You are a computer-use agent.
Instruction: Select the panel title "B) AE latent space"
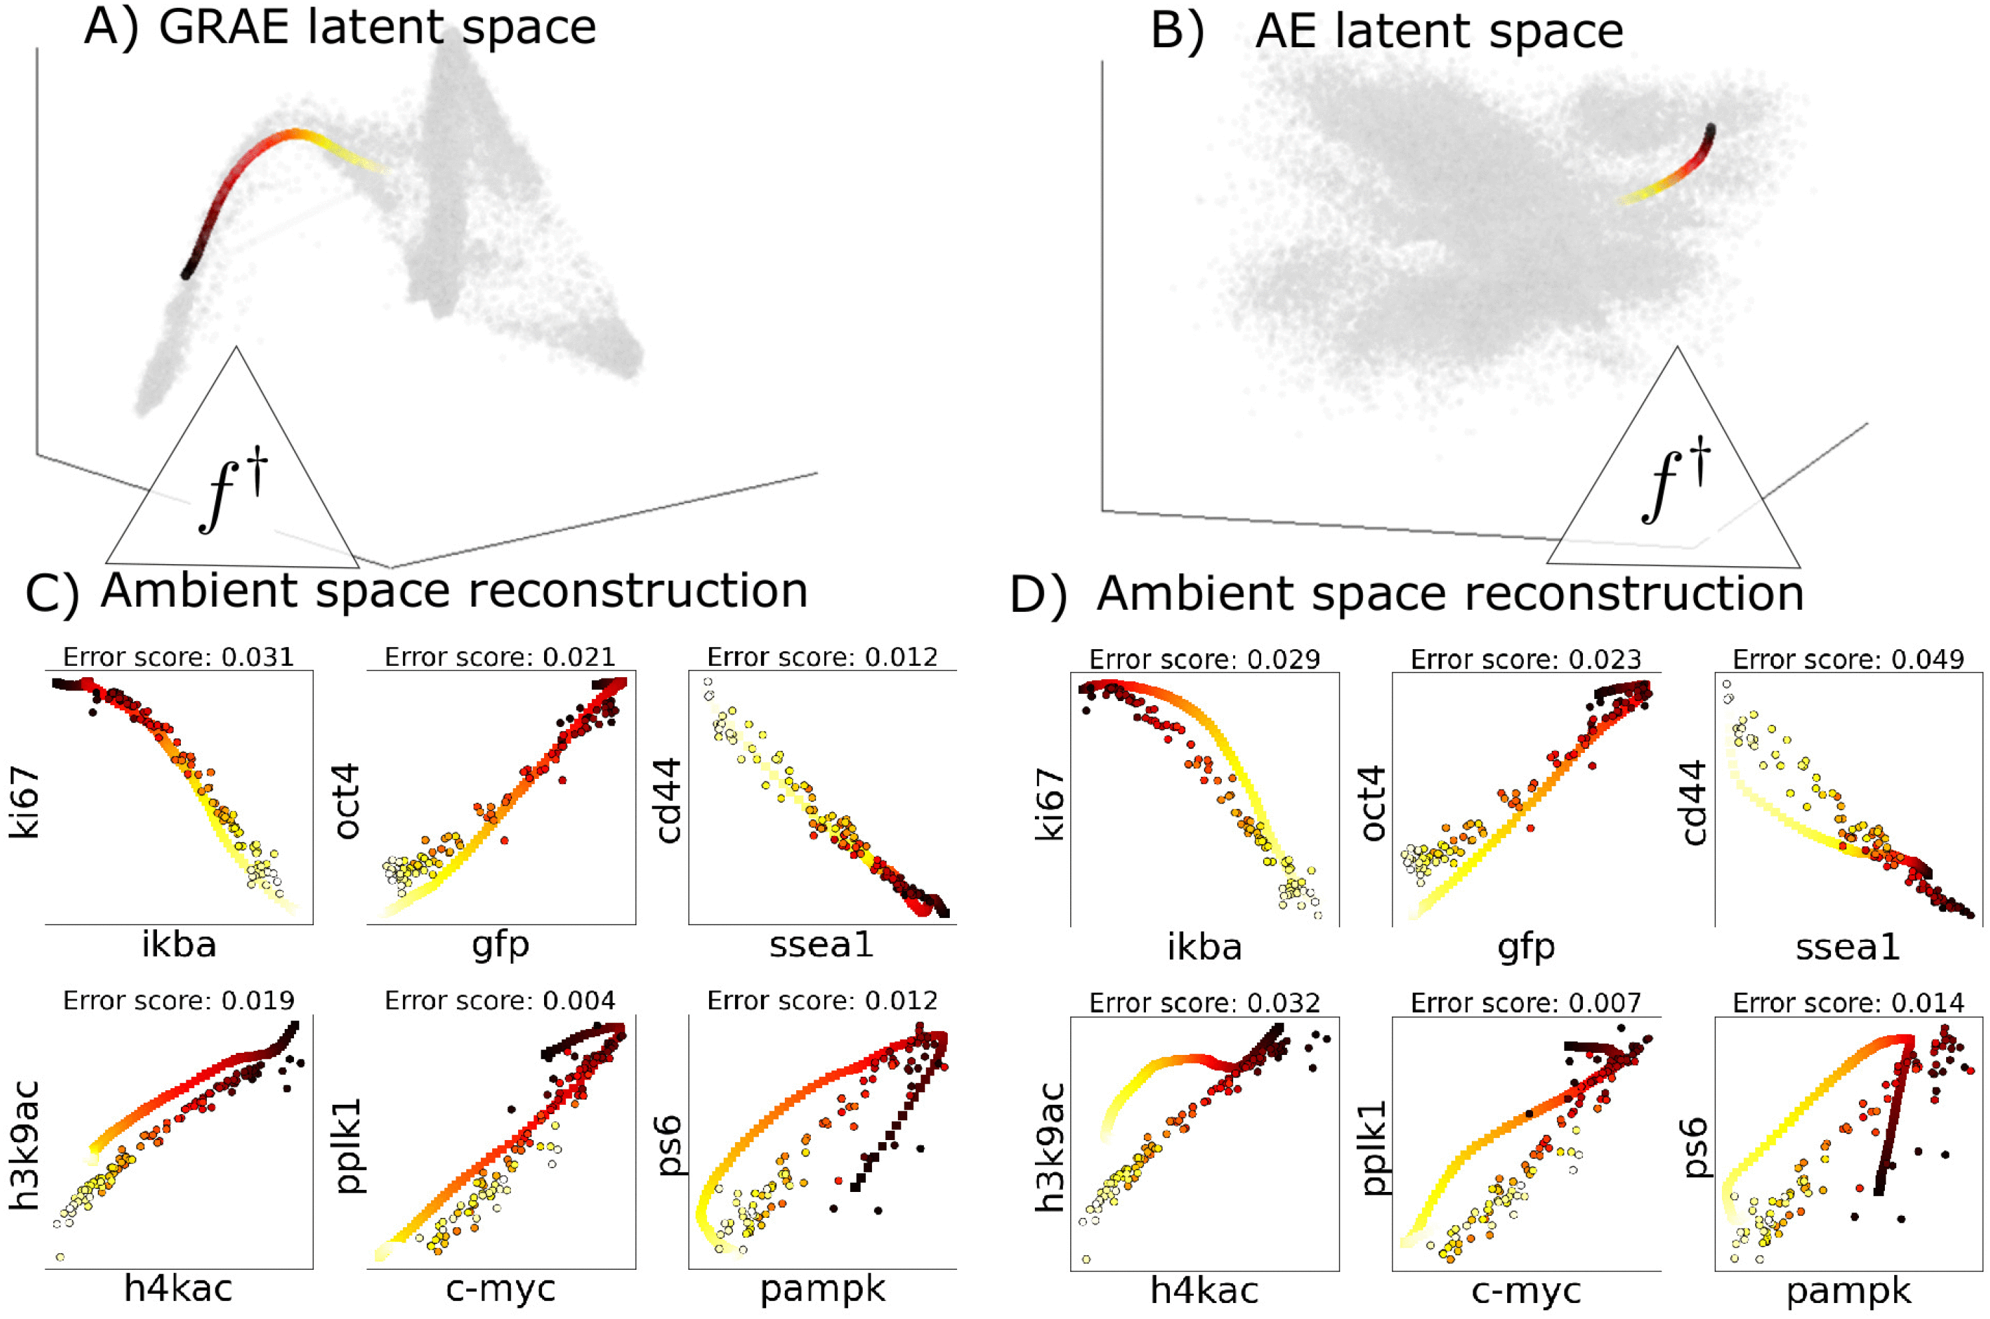(x=1386, y=32)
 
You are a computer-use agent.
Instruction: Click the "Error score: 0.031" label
(x=178, y=657)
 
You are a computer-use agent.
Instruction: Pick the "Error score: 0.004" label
(x=499, y=1000)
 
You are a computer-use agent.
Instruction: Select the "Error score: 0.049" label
(x=1848, y=660)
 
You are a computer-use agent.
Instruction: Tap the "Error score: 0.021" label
(x=499, y=657)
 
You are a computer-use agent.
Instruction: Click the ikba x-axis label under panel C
(x=178, y=945)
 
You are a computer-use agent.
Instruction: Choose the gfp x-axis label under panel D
(x=1526, y=948)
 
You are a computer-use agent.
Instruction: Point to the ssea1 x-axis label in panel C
(x=821, y=945)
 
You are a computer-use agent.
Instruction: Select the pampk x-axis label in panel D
(x=1848, y=1291)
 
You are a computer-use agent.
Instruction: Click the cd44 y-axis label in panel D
(x=1694, y=802)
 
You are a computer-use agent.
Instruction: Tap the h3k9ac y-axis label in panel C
(x=25, y=1145)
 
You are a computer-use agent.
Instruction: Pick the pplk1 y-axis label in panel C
(x=349, y=1145)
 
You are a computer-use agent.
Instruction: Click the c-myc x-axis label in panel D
(x=1526, y=1291)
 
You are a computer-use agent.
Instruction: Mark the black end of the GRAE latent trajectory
(x=187, y=271)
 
